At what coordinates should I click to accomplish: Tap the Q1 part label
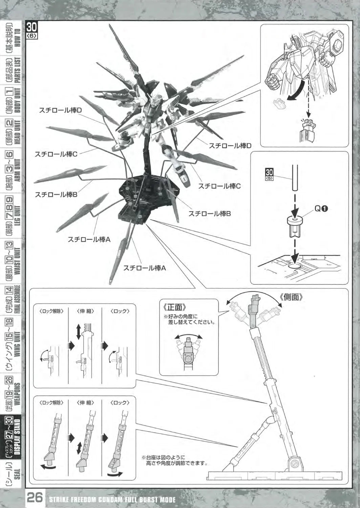321,209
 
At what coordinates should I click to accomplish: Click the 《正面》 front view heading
174,307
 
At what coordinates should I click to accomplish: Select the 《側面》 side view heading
291,297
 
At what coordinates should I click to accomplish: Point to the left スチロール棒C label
56,154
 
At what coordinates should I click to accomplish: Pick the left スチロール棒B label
56,194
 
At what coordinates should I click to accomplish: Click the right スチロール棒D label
230,146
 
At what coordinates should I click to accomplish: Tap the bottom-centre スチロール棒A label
144,268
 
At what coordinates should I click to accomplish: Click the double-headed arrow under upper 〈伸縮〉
79,331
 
